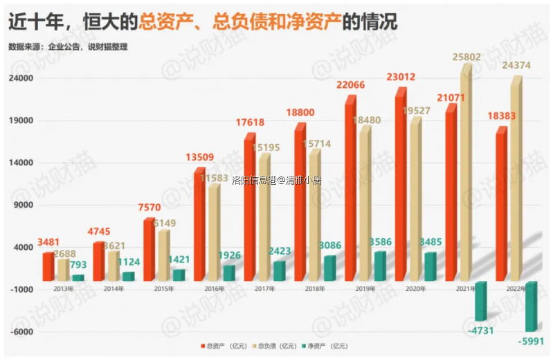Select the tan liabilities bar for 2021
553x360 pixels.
click(x=466, y=173)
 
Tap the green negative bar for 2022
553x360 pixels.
click(x=531, y=306)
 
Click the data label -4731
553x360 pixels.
click(x=480, y=330)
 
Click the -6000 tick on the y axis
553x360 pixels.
click(x=23, y=332)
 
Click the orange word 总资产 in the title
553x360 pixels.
click(x=161, y=21)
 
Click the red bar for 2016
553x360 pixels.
click(x=199, y=225)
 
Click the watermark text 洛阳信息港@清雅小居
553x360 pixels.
click(x=277, y=180)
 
